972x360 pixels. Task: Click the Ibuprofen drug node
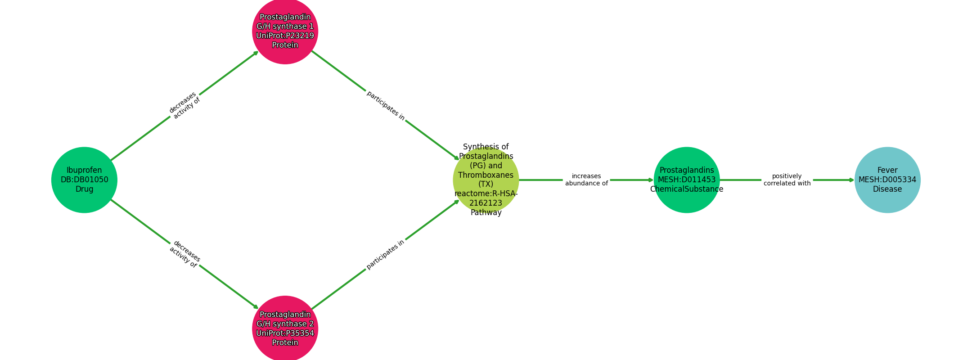(84, 180)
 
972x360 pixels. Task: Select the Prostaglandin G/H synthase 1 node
(285, 31)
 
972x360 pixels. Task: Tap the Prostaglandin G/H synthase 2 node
(285, 328)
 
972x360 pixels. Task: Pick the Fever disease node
(887, 180)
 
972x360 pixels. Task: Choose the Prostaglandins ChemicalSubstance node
(687, 180)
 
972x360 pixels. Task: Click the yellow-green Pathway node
(486, 180)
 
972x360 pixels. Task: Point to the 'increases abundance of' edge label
(586, 180)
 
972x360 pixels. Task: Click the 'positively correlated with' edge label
(787, 180)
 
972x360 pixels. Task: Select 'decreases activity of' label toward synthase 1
(184, 106)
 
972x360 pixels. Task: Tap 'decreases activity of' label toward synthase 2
(184, 255)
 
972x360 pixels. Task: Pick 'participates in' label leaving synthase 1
(386, 106)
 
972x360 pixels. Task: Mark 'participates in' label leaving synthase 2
(386, 254)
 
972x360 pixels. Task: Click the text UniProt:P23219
(285, 36)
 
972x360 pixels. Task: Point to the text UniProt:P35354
(285, 333)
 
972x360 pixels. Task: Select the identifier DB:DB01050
(84, 180)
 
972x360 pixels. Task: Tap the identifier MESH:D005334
(887, 180)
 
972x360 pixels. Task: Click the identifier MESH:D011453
(687, 180)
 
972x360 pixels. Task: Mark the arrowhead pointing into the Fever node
(851, 180)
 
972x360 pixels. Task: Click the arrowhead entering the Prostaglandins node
(651, 180)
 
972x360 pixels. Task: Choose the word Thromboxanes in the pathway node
(486, 175)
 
